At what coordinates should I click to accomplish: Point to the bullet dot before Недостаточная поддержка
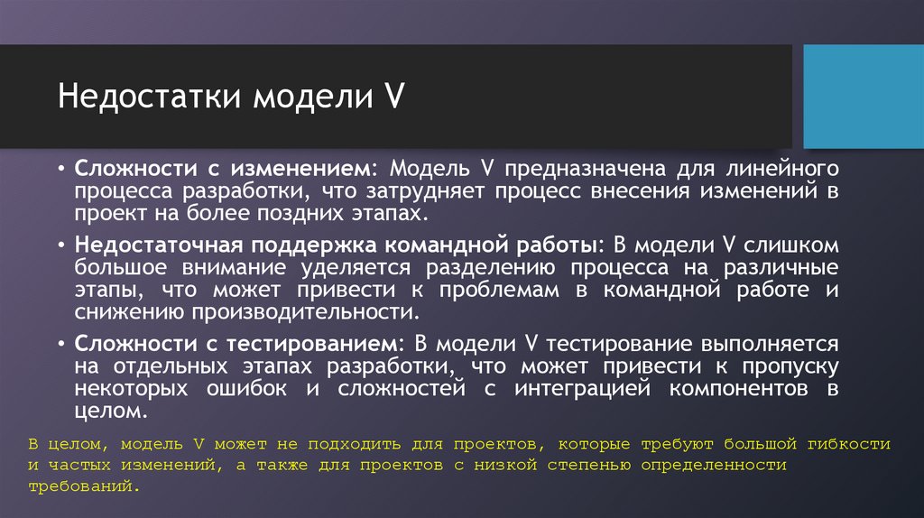pos(60,245)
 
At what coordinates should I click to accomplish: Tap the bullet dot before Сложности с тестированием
pos(60,344)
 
